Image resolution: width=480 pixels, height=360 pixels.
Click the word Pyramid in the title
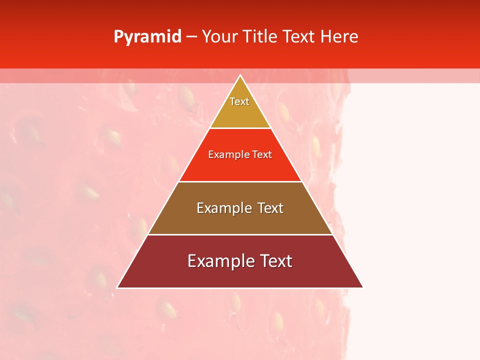147,37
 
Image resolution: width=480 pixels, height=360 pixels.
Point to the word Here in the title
339,37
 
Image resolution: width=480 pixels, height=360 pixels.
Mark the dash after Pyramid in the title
191,37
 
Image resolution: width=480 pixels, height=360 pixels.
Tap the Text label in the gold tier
239,101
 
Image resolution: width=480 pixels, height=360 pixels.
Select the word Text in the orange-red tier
262,155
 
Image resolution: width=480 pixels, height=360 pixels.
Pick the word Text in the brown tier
270,208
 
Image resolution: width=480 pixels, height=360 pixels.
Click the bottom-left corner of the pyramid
117,287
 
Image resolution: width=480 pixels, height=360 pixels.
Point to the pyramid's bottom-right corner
362,287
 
